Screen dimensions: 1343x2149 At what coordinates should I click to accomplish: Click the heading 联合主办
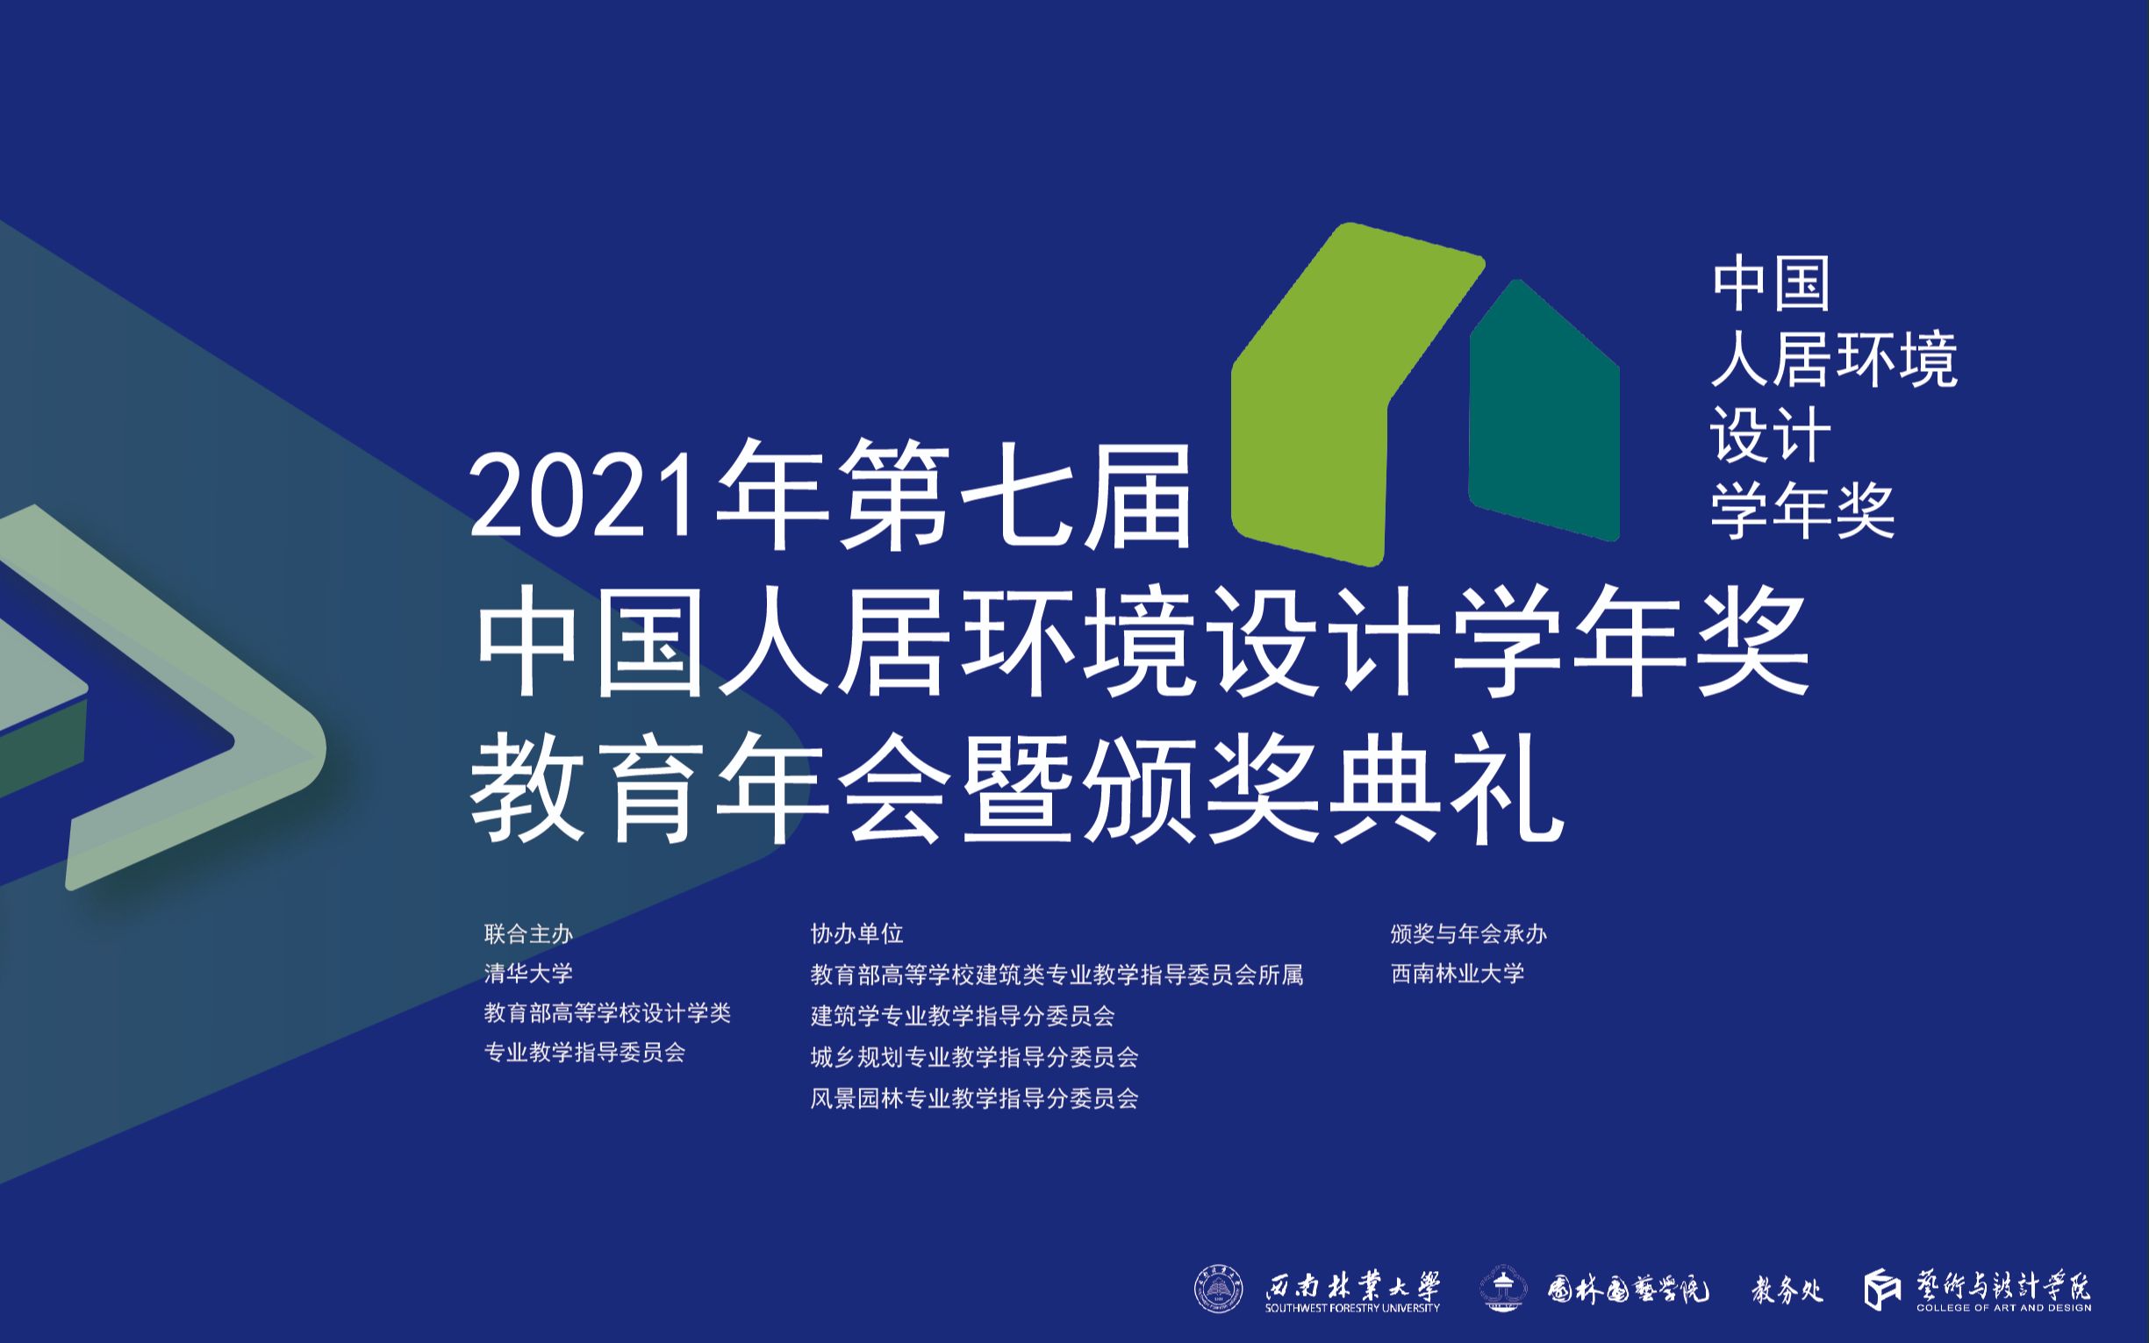[x=528, y=934]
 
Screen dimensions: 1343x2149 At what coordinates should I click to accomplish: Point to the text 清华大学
[x=528, y=974]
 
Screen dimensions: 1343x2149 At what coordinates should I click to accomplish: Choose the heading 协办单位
[x=856, y=933]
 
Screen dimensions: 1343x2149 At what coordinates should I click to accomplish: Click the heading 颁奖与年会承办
[x=1469, y=934]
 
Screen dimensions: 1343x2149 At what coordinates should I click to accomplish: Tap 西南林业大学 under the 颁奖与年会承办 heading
[x=1457, y=974]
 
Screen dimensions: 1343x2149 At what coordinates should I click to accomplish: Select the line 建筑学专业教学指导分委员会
[x=962, y=1015]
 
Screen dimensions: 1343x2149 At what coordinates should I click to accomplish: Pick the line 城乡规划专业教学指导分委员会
[x=974, y=1057]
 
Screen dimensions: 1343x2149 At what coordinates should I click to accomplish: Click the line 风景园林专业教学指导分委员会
[x=974, y=1099]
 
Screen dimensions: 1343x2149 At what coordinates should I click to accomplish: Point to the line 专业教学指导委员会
[x=584, y=1054]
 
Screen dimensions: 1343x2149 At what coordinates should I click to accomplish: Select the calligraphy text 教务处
[x=1787, y=1289]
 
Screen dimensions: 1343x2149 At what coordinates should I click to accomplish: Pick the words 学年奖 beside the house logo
[x=1802, y=511]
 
